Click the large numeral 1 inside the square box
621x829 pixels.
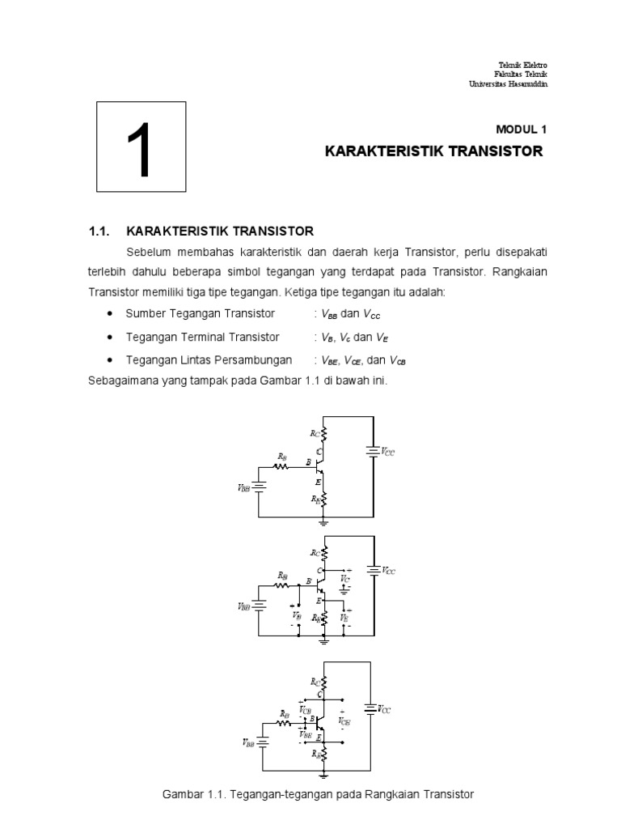point(141,151)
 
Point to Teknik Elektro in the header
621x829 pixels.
point(526,65)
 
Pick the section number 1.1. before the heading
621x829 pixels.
point(98,231)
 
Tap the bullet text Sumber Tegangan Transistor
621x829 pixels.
point(201,313)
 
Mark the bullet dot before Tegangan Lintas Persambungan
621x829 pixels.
point(109,360)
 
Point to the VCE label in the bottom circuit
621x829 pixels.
point(345,721)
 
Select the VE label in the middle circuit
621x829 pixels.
point(345,618)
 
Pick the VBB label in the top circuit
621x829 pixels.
point(243,488)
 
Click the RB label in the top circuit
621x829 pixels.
point(281,457)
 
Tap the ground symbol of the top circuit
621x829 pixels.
point(324,523)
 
